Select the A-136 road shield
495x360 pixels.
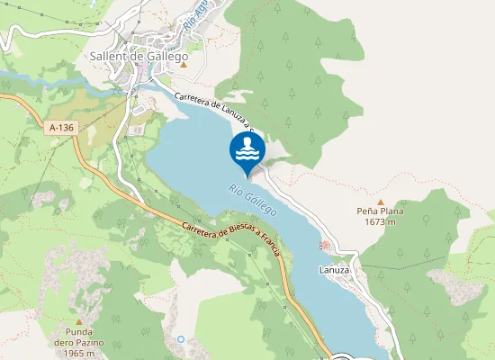coord(61,129)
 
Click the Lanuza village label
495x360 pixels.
coord(333,269)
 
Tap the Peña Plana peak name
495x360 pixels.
coord(379,212)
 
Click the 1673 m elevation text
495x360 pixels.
coord(379,223)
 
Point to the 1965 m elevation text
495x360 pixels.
coord(79,353)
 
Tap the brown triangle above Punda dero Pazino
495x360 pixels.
coord(79,320)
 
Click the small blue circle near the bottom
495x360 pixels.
coord(181,339)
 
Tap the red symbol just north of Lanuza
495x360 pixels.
coord(324,245)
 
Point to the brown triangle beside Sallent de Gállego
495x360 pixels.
coord(184,64)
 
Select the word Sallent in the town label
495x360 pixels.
coord(109,55)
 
